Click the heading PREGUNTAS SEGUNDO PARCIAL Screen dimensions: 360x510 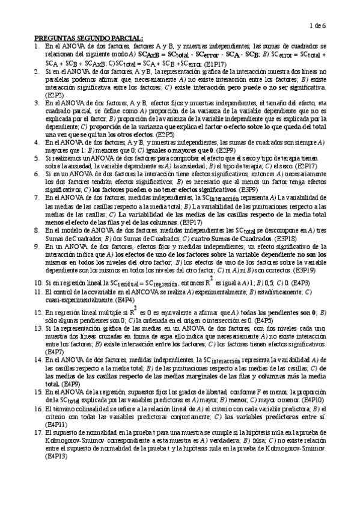88,38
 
